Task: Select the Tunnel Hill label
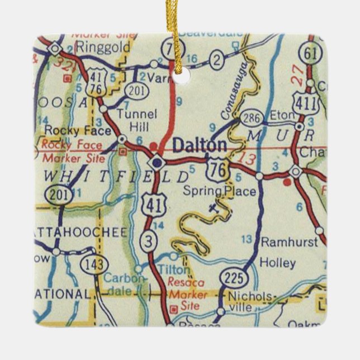pos(136,120)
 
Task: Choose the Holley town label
pos(278,262)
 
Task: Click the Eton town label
pos(282,115)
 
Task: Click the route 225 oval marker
pos(232,278)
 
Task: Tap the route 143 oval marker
pos(91,263)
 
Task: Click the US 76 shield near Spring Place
pos(216,168)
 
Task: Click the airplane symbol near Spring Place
pos(212,209)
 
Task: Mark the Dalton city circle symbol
pos(157,163)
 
